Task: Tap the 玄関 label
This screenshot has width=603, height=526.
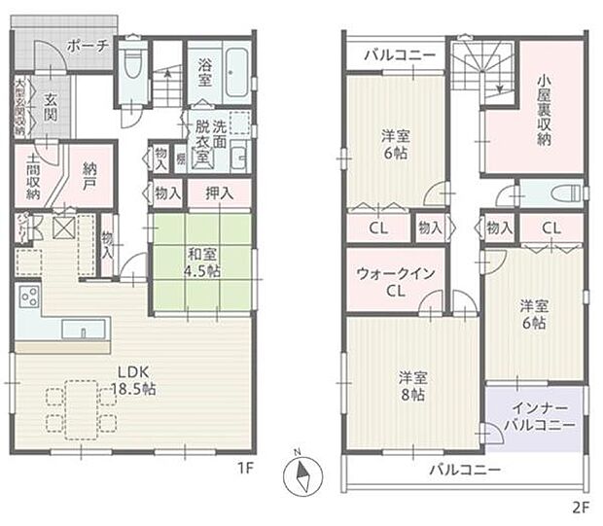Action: click(x=52, y=108)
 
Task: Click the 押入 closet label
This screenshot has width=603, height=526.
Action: click(x=220, y=193)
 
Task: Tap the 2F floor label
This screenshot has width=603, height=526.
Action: click(x=580, y=507)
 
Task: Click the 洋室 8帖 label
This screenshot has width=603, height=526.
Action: click(x=412, y=385)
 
